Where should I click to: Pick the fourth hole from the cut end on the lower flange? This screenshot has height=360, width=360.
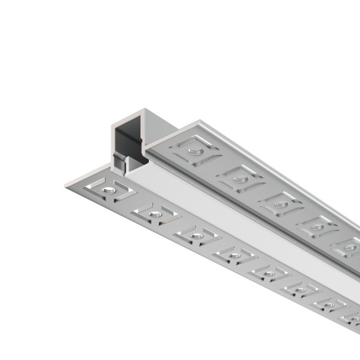[234, 256]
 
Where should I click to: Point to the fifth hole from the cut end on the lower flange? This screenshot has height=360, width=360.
[269, 274]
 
